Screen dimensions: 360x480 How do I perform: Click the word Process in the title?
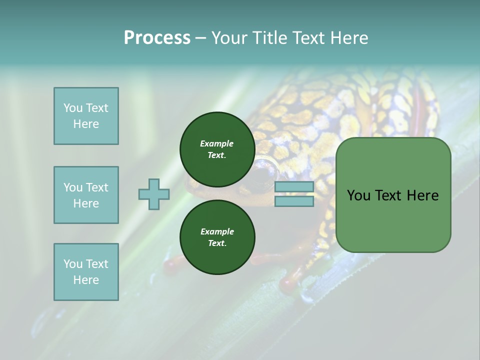pyautogui.click(x=157, y=38)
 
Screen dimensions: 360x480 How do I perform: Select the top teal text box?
pyautogui.click(x=86, y=116)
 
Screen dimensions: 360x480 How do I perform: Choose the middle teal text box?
pyautogui.click(x=86, y=195)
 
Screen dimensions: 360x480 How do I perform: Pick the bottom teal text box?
pyautogui.click(x=86, y=272)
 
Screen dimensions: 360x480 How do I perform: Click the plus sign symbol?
pyautogui.click(x=154, y=194)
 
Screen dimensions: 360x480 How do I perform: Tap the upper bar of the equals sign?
pyautogui.click(x=294, y=187)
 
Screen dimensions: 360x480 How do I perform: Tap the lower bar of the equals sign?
pyautogui.click(x=294, y=201)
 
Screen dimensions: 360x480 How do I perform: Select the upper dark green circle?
pyautogui.click(x=217, y=149)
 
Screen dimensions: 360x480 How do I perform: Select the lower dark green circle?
pyautogui.click(x=217, y=237)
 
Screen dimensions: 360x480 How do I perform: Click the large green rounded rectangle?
pyautogui.click(x=393, y=195)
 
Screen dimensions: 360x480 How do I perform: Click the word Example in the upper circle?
pyautogui.click(x=216, y=143)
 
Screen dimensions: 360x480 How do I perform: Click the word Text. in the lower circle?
pyautogui.click(x=217, y=243)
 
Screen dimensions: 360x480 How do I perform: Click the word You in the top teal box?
pyautogui.click(x=72, y=108)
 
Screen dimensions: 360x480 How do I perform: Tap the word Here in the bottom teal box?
pyautogui.click(x=86, y=280)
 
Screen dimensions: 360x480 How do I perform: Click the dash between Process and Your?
pyautogui.click(x=201, y=38)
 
